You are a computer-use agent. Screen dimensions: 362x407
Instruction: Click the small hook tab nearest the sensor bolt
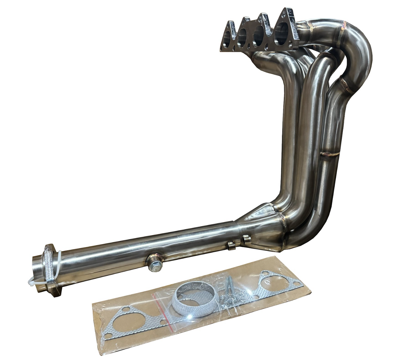point(231,244)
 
